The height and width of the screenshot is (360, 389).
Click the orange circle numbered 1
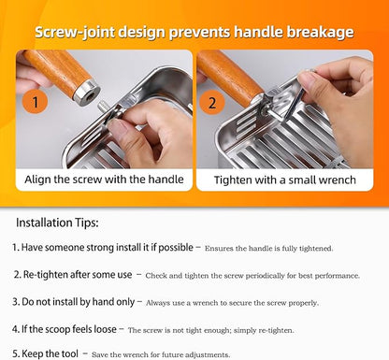pos(35,102)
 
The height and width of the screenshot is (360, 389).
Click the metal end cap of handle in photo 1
pos(88,92)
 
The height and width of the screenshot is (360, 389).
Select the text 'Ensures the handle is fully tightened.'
pos(267,249)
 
